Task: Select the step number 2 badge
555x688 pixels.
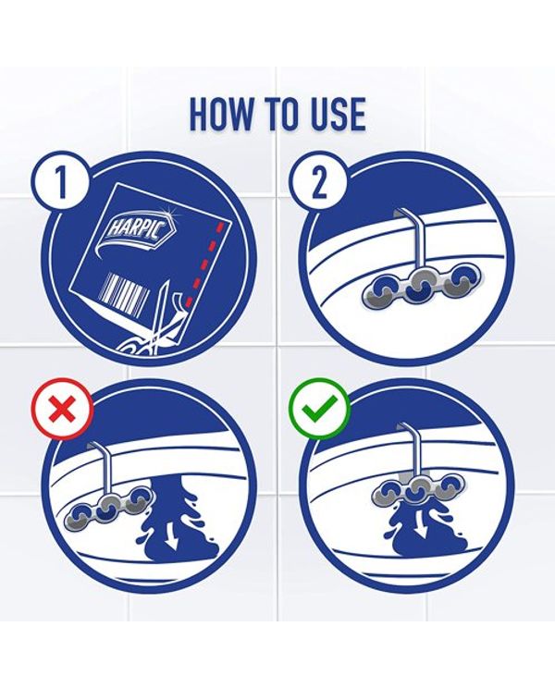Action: point(319,183)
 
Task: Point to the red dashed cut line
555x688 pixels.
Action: point(205,264)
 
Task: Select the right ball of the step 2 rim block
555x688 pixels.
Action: point(457,285)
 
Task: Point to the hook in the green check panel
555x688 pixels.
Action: point(410,452)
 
